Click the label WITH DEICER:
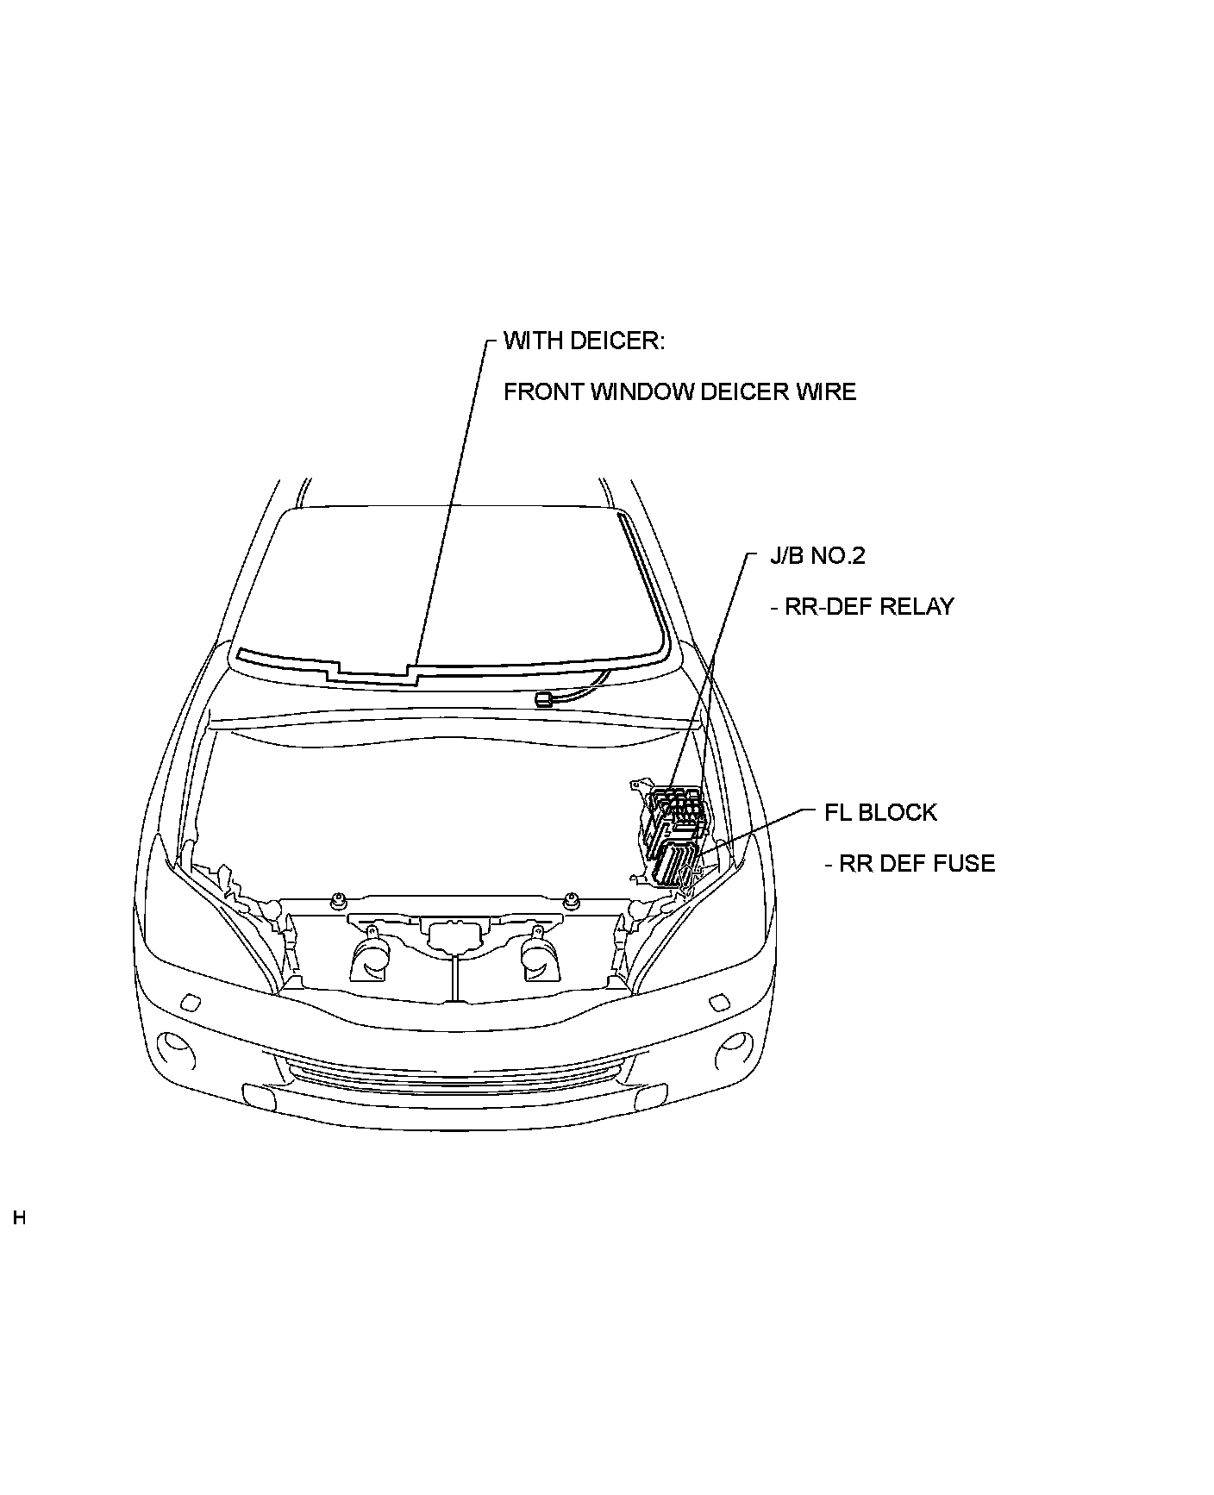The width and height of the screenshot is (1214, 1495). (x=584, y=341)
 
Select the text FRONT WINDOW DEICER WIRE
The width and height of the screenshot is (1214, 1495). (x=679, y=392)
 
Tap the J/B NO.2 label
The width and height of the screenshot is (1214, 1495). (x=817, y=555)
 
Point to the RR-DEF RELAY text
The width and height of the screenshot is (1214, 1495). (x=861, y=607)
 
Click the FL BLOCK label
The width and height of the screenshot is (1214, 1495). (x=880, y=813)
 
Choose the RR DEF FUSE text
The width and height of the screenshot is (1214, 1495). (x=910, y=864)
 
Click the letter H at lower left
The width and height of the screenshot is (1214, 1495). (x=19, y=1219)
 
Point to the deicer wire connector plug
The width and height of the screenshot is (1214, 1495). (x=544, y=698)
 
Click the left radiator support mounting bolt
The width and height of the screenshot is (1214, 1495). (x=338, y=902)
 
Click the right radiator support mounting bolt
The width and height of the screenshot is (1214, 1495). (x=570, y=902)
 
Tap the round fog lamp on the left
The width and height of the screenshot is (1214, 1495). (x=178, y=1045)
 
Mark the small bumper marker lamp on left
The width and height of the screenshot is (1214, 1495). (x=189, y=1002)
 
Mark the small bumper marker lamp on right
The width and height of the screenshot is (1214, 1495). (x=717, y=1003)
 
